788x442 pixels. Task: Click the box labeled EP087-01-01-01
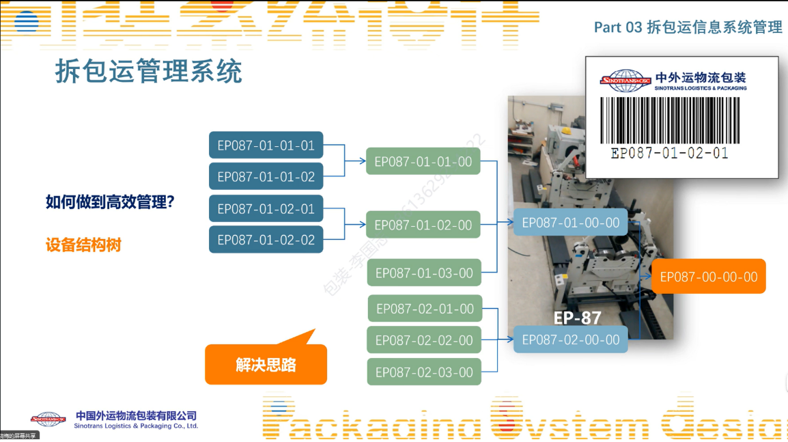(x=266, y=146)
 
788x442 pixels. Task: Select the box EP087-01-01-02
(x=266, y=177)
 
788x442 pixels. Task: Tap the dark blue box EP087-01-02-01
(x=266, y=209)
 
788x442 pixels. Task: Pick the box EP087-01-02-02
(x=266, y=240)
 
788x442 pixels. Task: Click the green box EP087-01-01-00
(x=423, y=161)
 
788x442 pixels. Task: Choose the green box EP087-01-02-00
(x=423, y=225)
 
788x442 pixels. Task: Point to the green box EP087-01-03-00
(x=424, y=273)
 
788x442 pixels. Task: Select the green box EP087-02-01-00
(x=425, y=309)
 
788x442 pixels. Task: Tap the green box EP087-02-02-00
(x=424, y=340)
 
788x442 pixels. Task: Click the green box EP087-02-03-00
(x=424, y=372)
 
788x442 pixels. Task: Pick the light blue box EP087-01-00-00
(x=570, y=222)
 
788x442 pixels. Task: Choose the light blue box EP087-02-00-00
(x=570, y=340)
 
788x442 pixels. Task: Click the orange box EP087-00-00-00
(x=708, y=277)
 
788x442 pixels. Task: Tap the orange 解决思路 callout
(x=266, y=364)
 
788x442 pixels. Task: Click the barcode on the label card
(x=669, y=119)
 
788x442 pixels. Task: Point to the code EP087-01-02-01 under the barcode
(x=669, y=153)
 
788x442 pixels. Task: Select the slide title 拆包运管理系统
(x=149, y=71)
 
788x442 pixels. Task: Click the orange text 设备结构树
(x=83, y=245)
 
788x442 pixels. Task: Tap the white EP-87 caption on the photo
(x=577, y=318)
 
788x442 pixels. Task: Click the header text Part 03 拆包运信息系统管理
(x=688, y=27)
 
